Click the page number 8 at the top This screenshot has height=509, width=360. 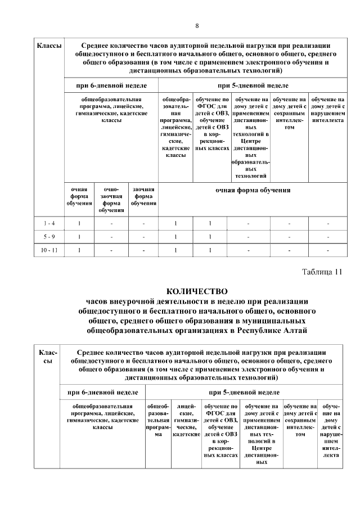coord(197,26)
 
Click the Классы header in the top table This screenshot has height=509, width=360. coord(49,45)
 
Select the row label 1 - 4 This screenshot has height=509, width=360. coord(49,223)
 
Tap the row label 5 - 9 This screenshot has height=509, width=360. coord(49,237)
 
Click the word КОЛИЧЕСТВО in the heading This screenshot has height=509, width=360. coord(197,291)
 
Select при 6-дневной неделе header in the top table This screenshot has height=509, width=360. coord(111,85)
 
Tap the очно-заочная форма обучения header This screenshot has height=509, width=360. coord(111,200)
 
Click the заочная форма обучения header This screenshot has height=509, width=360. coord(143,196)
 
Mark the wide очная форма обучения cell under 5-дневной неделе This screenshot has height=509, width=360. coord(253,190)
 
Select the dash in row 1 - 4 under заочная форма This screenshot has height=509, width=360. coord(143,223)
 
